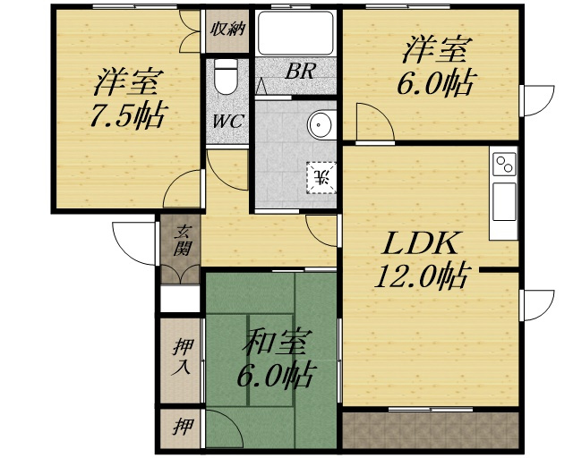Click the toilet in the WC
click(x=226, y=76)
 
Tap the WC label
click(x=227, y=121)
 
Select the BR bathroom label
click(x=299, y=72)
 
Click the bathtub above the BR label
click(x=295, y=33)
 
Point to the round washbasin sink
click(x=322, y=124)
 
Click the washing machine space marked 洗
click(x=321, y=177)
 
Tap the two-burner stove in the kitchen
click(x=504, y=164)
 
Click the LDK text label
click(x=419, y=243)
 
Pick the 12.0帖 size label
click(x=421, y=276)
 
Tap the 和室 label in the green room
click(x=277, y=343)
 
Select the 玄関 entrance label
click(x=182, y=241)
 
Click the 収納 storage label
click(x=227, y=30)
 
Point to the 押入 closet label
click(x=182, y=357)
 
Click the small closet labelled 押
click(x=182, y=426)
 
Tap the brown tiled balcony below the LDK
click(x=431, y=430)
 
